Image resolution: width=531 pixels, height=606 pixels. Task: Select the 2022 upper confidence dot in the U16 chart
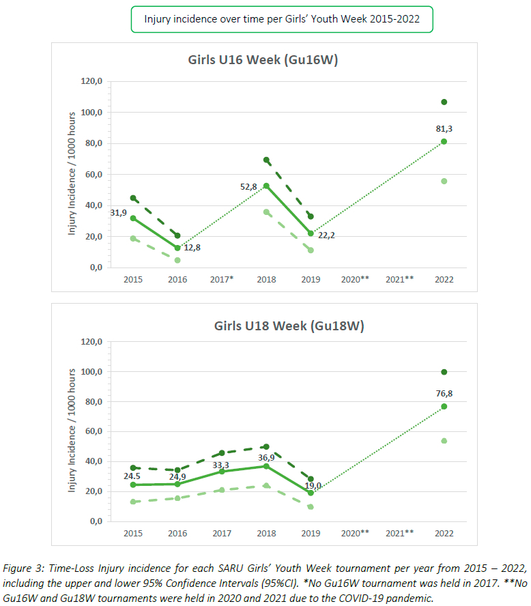(444, 102)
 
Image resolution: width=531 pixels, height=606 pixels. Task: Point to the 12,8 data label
(194, 248)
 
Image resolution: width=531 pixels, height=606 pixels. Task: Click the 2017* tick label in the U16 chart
(222, 279)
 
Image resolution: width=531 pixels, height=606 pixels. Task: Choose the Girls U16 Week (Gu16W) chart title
(263, 59)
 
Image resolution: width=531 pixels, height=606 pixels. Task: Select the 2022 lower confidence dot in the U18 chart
(444, 441)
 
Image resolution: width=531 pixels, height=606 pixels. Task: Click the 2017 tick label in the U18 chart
(222, 533)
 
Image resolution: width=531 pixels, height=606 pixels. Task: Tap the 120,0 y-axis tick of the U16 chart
(91, 81)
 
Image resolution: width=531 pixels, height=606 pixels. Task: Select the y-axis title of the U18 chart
(72, 432)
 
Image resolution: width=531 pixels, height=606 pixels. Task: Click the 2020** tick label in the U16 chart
(356, 279)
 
